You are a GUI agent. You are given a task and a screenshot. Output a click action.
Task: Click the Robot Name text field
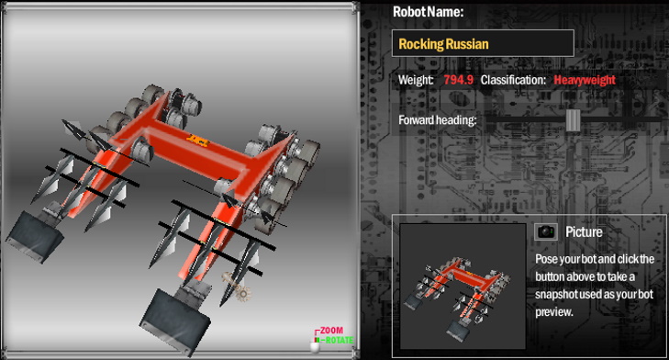[483, 43]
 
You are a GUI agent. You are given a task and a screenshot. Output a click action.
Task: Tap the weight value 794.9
[458, 80]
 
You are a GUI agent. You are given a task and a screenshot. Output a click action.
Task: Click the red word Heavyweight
[585, 80]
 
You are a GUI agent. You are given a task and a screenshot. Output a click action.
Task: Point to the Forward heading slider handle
[573, 120]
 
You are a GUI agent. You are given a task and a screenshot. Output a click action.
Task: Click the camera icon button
[546, 231]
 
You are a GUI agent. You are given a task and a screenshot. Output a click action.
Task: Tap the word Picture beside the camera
[584, 231]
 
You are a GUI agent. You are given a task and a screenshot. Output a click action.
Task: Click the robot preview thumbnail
[463, 286]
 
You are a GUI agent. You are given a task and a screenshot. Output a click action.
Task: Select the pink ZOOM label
[331, 330]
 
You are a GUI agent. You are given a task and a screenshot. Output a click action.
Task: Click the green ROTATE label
[340, 341]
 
